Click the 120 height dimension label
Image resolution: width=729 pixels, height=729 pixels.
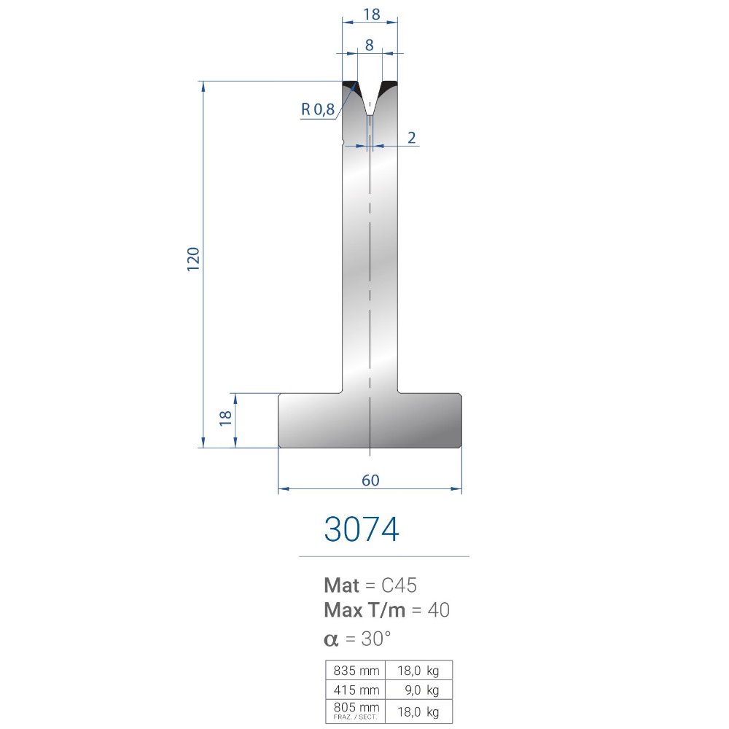pyautogui.click(x=193, y=260)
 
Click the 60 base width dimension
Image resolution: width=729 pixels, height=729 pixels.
pyautogui.click(x=370, y=480)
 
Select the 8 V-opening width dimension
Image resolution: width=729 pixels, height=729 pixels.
pyautogui.click(x=369, y=45)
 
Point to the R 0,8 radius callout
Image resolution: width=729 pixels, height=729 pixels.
pyautogui.click(x=318, y=109)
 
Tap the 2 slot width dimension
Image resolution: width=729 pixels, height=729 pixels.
pyautogui.click(x=411, y=138)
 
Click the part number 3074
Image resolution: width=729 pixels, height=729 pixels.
pyautogui.click(x=362, y=529)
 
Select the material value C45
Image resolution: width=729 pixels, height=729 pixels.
pyautogui.click(x=399, y=585)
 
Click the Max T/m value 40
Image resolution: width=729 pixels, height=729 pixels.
pyautogui.click(x=438, y=610)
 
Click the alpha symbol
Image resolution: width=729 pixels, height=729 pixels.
pyautogui.click(x=331, y=640)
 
